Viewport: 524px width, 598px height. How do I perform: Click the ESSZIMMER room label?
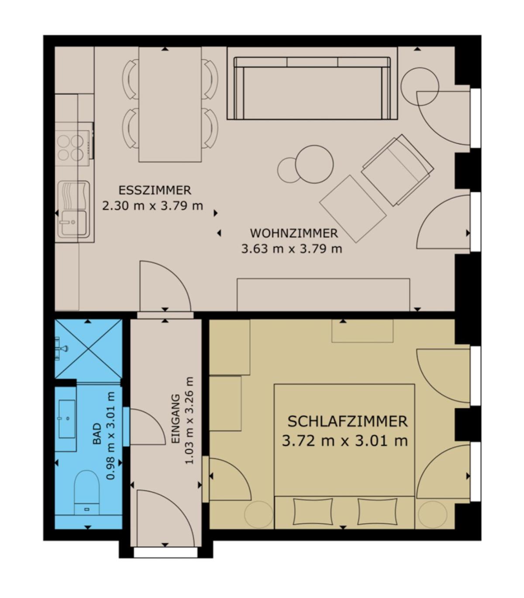point(155,190)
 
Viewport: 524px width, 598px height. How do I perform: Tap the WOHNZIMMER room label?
point(294,233)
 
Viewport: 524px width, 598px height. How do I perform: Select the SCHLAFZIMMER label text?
point(347,421)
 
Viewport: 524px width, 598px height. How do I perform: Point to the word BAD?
point(97,434)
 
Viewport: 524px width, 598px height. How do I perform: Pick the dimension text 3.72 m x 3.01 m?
point(345,441)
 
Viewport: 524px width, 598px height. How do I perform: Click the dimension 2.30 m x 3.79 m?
point(152,206)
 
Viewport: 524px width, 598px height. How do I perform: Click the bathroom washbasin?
point(67,419)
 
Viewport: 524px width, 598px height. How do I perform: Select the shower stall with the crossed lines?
point(88,349)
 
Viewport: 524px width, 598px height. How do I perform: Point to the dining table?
point(170,104)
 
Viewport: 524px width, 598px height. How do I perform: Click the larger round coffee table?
point(314,164)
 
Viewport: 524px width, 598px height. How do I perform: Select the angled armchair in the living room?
point(398,170)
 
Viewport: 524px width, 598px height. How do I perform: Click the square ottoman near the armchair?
point(353,209)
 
